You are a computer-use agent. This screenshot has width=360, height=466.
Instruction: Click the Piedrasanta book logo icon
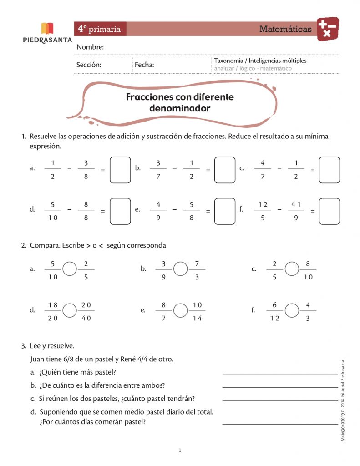(47, 29)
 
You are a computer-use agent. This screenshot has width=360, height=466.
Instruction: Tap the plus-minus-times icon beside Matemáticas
(328, 29)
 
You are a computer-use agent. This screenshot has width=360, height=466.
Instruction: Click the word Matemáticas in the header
(285, 29)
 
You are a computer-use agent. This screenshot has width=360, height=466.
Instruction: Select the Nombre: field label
(90, 47)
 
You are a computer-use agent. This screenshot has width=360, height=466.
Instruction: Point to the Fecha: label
(144, 65)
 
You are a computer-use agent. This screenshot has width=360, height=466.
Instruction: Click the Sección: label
(89, 65)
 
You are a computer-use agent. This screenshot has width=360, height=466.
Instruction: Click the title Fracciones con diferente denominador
(179, 103)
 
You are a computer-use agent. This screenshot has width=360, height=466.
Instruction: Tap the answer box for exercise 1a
(120, 170)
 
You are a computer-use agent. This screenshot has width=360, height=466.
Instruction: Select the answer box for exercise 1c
(329, 170)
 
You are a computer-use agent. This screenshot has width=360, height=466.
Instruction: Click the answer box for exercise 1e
(225, 211)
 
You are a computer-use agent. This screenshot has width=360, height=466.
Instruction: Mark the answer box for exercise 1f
(329, 211)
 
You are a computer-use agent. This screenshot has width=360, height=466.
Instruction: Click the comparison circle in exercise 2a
(70, 269)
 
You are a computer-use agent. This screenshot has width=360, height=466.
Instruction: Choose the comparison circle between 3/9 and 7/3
(181, 269)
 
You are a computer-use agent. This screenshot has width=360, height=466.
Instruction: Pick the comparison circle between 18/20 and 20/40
(70, 310)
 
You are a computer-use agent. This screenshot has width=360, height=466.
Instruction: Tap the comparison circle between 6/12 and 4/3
(292, 310)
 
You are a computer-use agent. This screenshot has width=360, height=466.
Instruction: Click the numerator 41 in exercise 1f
(296, 204)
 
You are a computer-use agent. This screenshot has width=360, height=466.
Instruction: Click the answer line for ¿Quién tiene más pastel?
(280, 374)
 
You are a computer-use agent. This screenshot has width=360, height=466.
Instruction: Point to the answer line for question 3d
(280, 424)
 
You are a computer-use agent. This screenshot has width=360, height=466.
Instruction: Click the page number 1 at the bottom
(180, 451)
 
